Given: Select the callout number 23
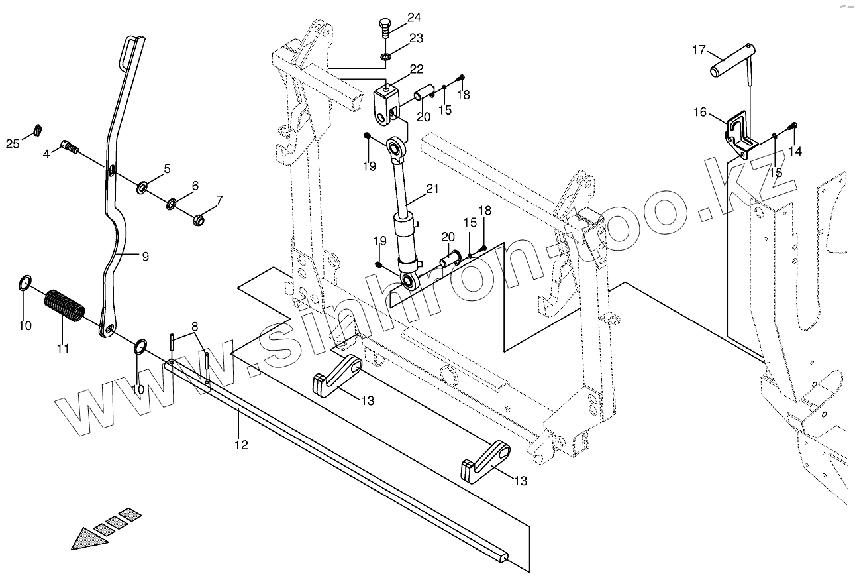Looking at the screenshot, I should tap(416, 38).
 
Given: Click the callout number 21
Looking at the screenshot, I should tap(432, 189).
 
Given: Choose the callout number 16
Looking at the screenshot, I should tap(700, 112).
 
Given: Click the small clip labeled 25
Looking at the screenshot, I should tap(37, 128).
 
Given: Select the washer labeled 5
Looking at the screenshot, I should tap(143, 189).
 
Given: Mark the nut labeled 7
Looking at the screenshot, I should tap(197, 219).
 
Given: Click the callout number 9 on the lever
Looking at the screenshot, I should tap(144, 256).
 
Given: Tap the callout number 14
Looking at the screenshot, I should tap(795, 152).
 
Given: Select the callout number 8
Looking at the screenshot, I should tap(195, 326).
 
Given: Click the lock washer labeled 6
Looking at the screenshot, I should tap(171, 202).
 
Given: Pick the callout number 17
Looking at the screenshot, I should tap(699, 50).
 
